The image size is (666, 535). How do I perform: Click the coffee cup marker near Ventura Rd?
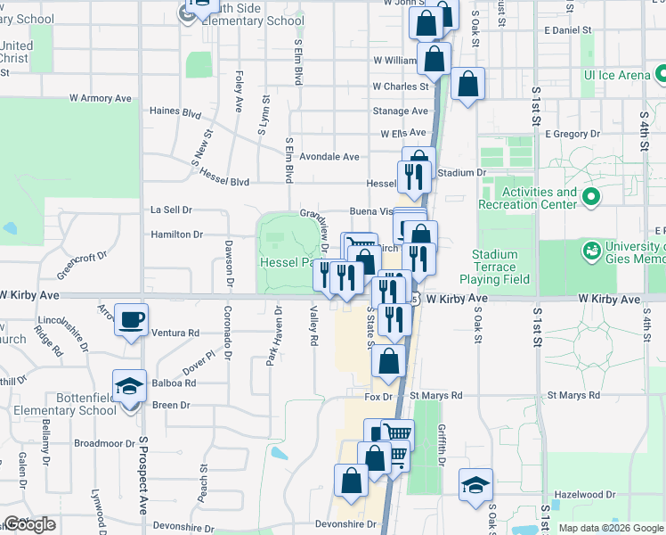tap(131, 319)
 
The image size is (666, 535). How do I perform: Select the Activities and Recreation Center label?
tap(540, 198)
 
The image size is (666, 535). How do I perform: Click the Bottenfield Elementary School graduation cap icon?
tap(130, 386)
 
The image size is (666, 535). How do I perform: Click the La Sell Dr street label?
tap(171, 210)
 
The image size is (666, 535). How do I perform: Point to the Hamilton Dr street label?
tap(176, 235)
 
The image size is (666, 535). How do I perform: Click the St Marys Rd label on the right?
tap(567, 394)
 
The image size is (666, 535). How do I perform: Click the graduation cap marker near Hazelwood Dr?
tap(475, 484)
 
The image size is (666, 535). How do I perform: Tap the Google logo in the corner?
tap(28, 524)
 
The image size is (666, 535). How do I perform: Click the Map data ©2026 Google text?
tap(610, 528)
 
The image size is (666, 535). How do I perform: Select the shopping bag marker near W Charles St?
tap(467, 85)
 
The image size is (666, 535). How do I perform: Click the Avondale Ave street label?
tap(329, 156)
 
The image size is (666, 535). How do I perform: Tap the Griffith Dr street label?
tap(441, 440)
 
